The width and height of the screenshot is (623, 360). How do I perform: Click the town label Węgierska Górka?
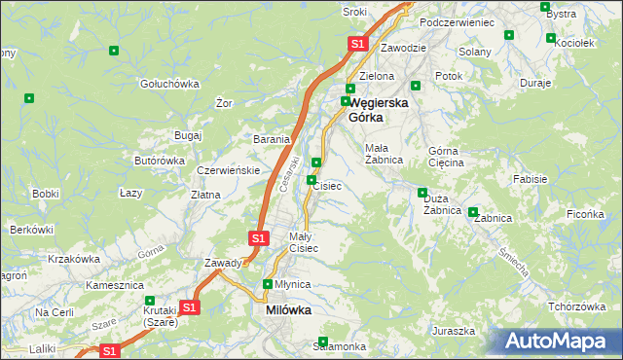point(378,108)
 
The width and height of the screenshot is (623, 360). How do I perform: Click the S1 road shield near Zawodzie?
point(357,44)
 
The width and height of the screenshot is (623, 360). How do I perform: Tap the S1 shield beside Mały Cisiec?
point(258,237)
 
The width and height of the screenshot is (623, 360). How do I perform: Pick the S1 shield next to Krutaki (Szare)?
point(190,307)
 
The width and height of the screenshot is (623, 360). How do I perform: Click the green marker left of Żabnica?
point(473,212)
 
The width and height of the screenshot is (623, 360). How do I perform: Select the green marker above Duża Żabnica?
point(422,192)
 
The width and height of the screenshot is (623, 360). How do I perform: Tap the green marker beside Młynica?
point(268,284)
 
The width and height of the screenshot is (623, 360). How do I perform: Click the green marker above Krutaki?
point(149,301)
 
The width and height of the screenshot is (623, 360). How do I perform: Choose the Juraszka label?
point(454,331)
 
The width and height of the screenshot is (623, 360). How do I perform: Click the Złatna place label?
point(204,195)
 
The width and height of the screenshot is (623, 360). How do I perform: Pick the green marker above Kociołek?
point(552,40)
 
